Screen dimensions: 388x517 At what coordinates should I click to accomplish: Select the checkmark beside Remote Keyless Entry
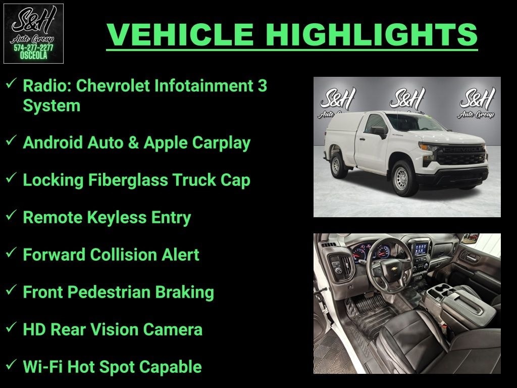tap(11, 216)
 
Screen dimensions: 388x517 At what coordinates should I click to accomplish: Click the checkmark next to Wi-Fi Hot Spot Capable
tap(11, 366)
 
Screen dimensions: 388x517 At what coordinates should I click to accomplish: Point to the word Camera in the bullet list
tap(173, 329)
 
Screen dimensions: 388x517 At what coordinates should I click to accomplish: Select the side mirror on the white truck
tap(379, 131)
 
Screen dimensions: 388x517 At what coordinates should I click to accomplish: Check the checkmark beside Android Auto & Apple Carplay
tap(11, 141)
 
